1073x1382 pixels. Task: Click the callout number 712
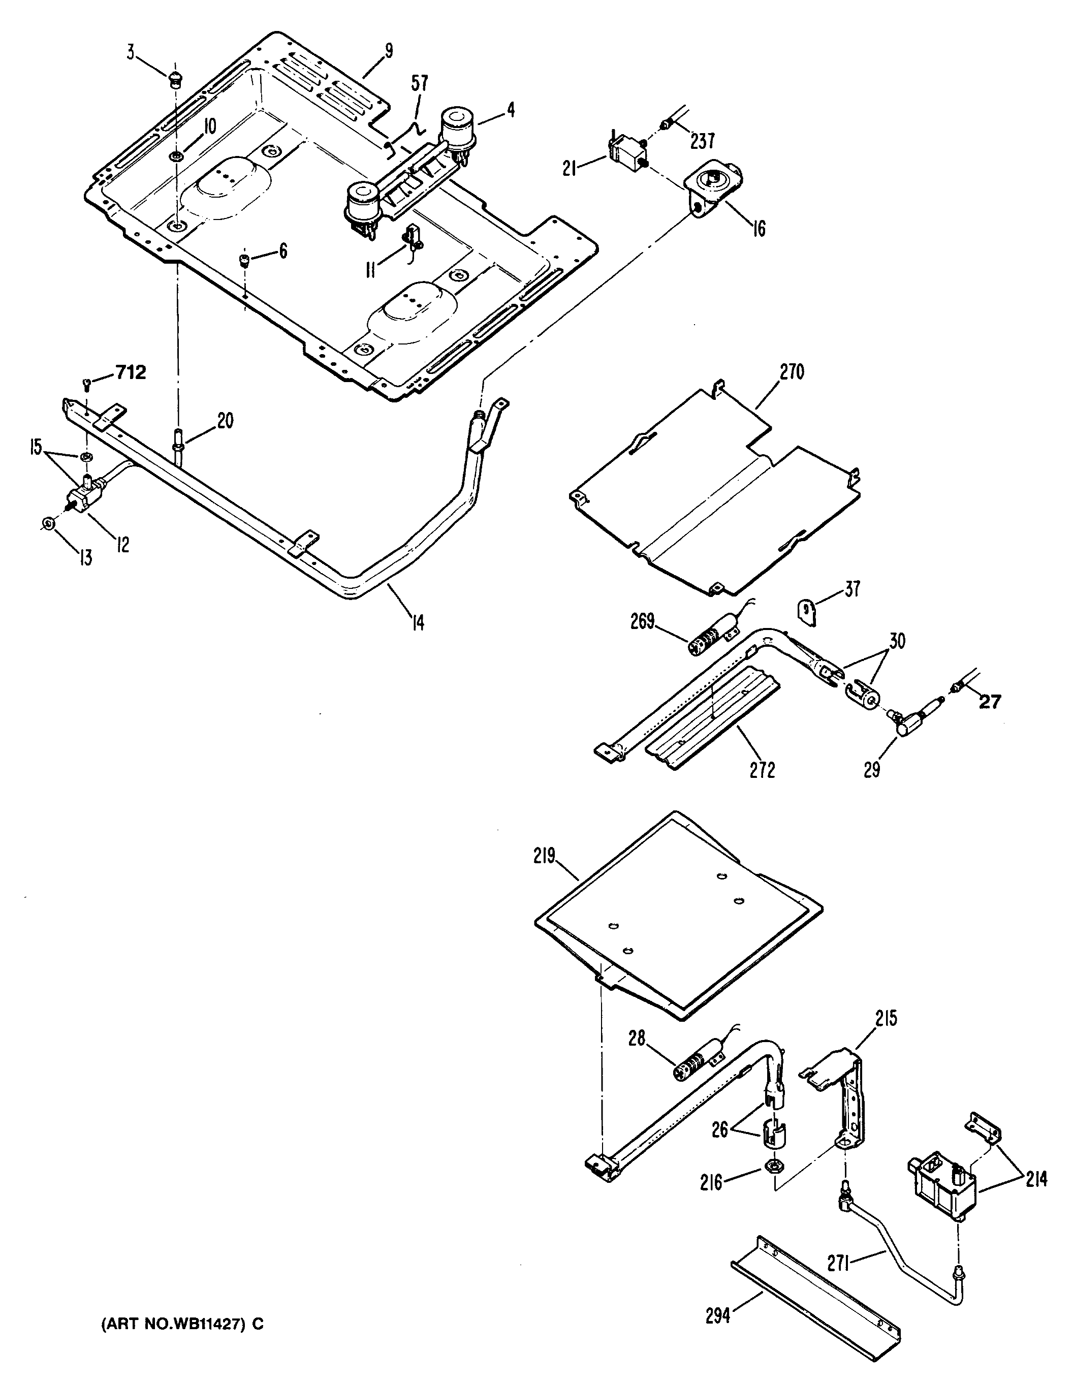tap(131, 373)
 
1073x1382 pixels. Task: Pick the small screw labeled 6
tap(243, 260)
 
